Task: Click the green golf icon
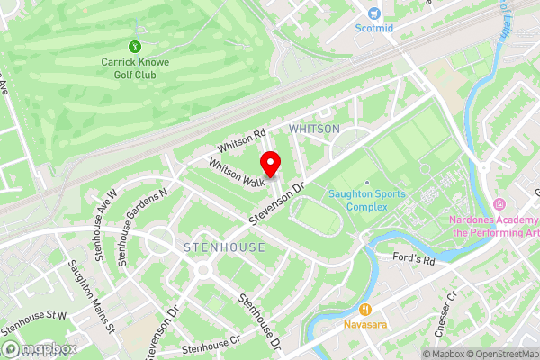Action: point(135,46)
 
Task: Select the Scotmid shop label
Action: point(373,28)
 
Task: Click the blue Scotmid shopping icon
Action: point(374,13)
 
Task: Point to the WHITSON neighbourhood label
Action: point(314,129)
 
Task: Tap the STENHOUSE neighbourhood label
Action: point(224,247)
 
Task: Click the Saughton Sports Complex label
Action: point(366,200)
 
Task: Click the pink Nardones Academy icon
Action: point(499,206)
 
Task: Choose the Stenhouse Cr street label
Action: point(211,345)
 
